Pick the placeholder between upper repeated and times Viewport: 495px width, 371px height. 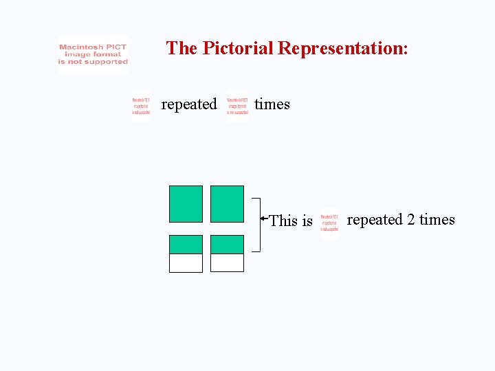pos(238,106)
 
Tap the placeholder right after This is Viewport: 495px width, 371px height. pos(329,223)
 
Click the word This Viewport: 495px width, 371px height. pos(283,221)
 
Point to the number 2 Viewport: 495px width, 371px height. pos(410,220)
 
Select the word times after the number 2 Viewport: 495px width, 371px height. pos(437,220)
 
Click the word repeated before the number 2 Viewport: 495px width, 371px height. pos(375,220)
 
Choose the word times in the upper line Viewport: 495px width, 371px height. pos(272,104)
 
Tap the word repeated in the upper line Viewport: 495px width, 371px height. pos(188,104)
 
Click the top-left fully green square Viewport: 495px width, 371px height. pos(186,203)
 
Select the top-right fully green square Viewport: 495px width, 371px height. pos(227,203)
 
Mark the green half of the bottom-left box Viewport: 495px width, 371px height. pos(186,245)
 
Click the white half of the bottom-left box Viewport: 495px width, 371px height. pos(186,263)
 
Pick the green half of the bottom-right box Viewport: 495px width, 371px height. pos(227,245)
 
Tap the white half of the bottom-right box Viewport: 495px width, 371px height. pos(227,263)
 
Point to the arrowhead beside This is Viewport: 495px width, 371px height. pos(263,219)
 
